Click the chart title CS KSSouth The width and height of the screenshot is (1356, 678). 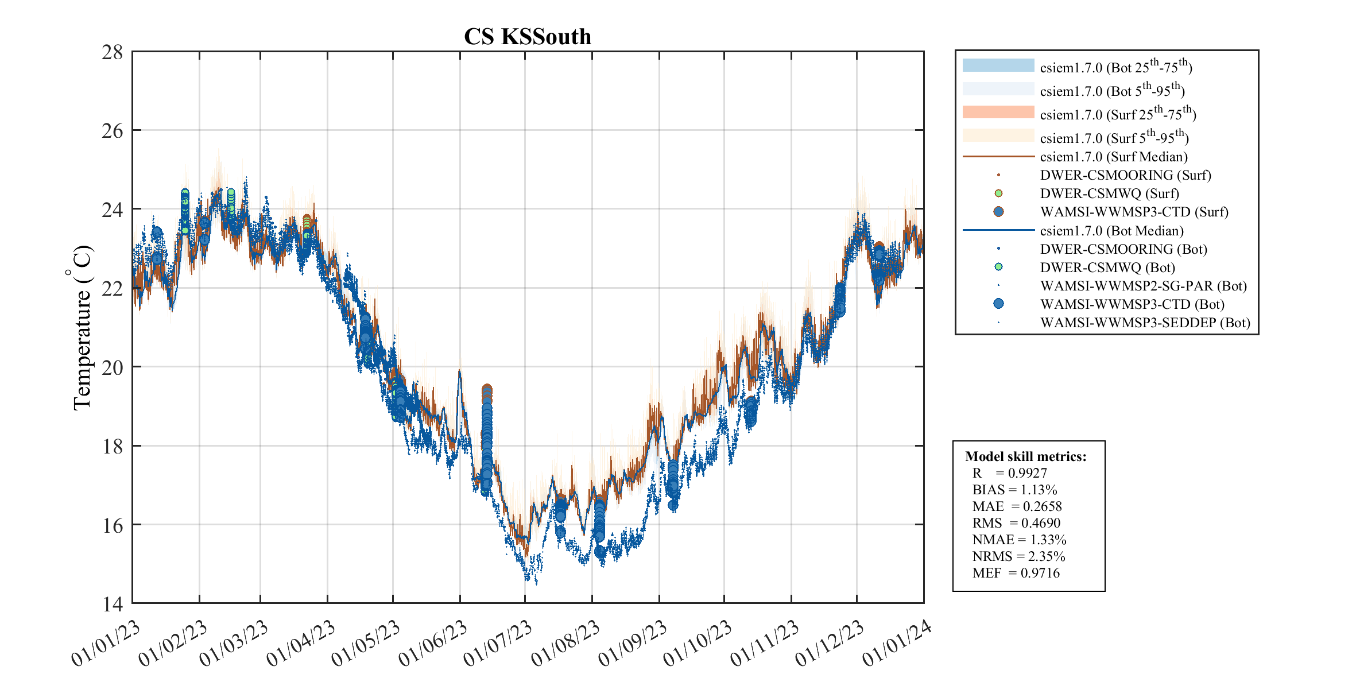point(527,37)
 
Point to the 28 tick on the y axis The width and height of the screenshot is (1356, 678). point(113,52)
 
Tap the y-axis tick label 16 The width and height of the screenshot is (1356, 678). point(113,525)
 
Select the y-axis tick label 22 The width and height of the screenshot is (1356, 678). point(113,289)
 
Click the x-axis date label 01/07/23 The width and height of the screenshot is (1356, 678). point(498,643)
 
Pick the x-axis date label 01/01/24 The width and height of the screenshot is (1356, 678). point(897,643)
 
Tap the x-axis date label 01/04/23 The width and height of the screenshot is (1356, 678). point(301,643)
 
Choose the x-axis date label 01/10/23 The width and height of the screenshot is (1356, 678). point(698,643)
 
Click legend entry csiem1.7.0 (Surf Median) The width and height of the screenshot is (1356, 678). point(1113,157)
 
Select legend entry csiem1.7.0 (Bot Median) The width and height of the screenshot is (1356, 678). point(1111,231)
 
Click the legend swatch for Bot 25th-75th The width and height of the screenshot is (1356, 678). point(998,65)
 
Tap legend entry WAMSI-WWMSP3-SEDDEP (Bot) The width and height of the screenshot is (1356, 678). point(1145,323)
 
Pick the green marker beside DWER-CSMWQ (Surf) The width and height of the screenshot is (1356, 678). point(998,193)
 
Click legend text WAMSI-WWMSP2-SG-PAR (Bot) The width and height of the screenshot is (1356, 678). point(1143,286)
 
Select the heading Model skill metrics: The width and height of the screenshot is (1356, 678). point(1025,456)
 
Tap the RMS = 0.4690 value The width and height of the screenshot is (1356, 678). point(1016,523)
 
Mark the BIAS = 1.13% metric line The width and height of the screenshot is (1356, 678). point(1014,490)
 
